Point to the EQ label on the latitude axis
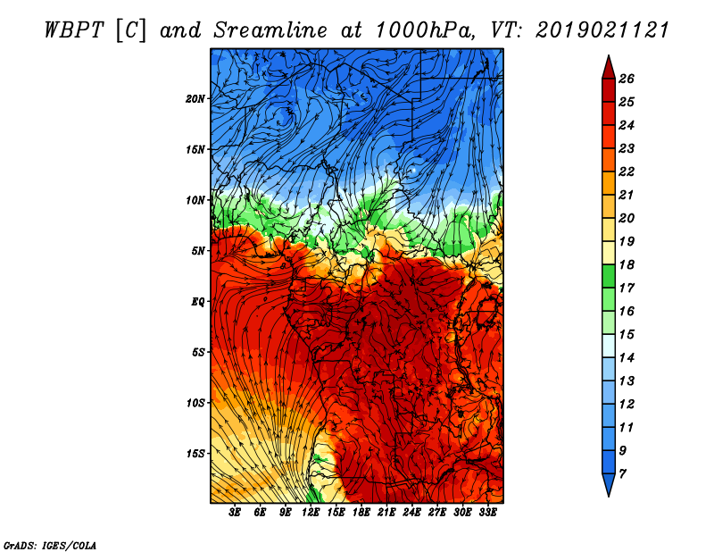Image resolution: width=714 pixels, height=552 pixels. [198, 301]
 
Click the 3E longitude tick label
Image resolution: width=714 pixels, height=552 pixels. [236, 513]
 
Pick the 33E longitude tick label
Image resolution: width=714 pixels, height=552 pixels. [487, 513]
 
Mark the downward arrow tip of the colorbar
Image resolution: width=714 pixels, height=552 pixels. [608, 493]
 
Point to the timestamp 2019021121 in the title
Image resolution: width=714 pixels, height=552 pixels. [603, 29]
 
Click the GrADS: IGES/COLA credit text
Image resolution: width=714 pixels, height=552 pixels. [49, 544]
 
